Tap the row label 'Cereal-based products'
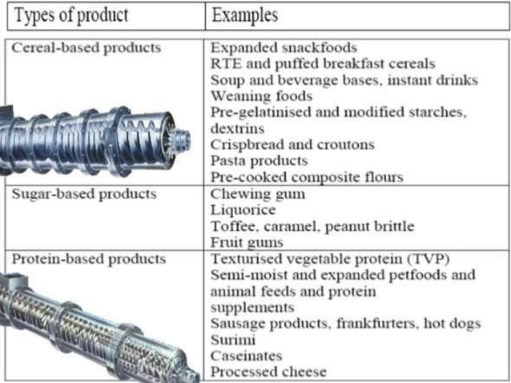tap(87, 48)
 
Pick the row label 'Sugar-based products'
tap(84, 194)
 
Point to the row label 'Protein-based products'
tap(89, 259)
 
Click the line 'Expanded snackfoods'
tap(284, 48)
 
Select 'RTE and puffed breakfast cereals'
tap(323, 64)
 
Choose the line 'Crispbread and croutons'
tap(292, 144)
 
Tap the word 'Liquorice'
tap(243, 210)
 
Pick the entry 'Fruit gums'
tap(247, 242)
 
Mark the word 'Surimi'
tap(231, 339)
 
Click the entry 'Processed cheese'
tap(269, 371)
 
